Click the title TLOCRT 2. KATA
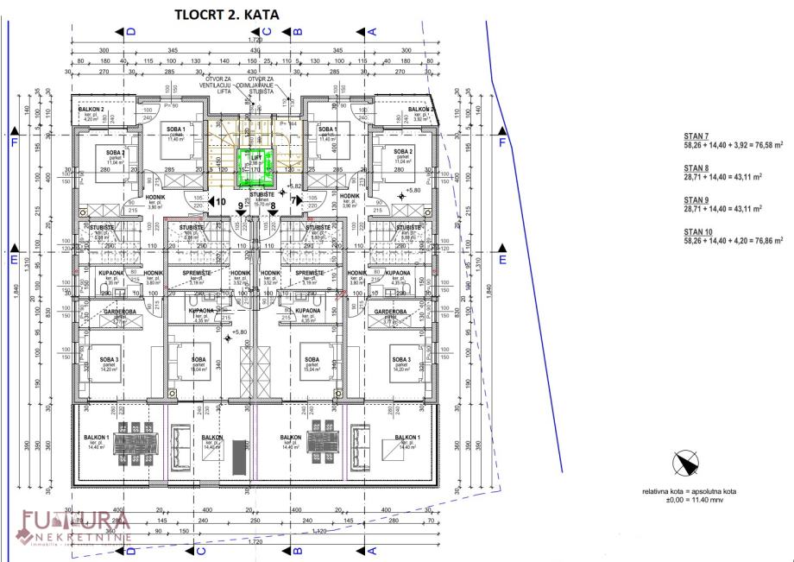[x=227, y=14]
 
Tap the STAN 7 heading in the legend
[x=696, y=136]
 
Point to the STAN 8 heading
[x=696, y=168]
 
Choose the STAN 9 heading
[x=696, y=199]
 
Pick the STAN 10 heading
[x=697, y=231]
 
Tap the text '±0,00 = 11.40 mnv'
[x=688, y=500]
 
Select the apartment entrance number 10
[x=221, y=202]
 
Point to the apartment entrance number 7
[x=293, y=200]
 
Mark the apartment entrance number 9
[x=240, y=207]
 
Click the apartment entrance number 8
[x=273, y=206]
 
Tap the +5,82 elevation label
[x=294, y=186]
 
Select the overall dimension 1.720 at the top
[x=255, y=40]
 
